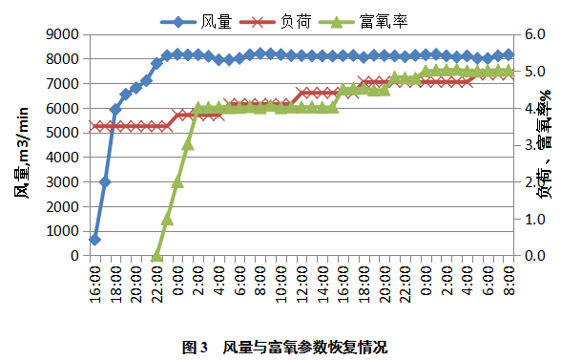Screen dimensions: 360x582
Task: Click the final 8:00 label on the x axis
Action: pyautogui.click(x=508, y=283)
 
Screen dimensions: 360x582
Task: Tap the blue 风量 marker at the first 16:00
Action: pyautogui.click(x=94, y=239)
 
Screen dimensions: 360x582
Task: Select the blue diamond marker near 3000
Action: pyautogui.click(x=105, y=181)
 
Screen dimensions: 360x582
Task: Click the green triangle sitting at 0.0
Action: pyautogui.click(x=156, y=255)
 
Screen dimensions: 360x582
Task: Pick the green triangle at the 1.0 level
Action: pyautogui.click(x=167, y=219)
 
